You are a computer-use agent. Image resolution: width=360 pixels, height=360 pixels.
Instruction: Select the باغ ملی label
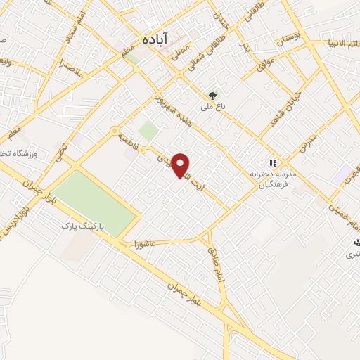coord(213,108)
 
